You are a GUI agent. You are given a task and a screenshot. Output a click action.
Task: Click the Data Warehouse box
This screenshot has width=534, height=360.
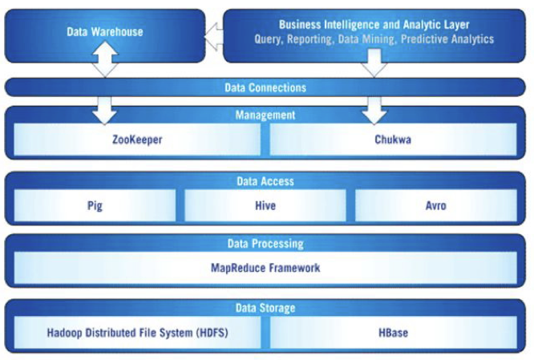[x=104, y=33]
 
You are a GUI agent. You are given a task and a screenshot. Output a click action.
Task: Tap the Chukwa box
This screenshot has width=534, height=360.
[x=393, y=139]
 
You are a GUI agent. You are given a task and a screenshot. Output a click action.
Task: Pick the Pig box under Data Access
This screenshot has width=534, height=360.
[x=95, y=206]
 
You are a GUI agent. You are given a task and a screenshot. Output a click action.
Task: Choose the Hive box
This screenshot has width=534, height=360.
[x=265, y=206]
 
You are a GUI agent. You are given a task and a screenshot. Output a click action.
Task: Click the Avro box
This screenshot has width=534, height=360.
[x=436, y=206]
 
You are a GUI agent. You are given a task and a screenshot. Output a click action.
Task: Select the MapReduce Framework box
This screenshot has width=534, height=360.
[x=265, y=268]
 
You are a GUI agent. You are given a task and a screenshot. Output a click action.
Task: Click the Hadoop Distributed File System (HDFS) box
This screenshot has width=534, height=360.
[x=136, y=332]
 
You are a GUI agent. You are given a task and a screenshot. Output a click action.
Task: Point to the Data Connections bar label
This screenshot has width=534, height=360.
[x=265, y=87]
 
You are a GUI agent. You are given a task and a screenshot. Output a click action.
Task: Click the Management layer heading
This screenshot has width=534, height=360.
[x=265, y=115]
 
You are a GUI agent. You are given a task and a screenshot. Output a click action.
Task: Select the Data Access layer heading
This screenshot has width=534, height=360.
[x=265, y=182]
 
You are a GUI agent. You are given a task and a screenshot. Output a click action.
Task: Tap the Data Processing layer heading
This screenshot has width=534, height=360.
[x=265, y=244]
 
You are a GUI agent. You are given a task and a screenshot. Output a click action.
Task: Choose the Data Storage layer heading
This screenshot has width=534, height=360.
[x=265, y=308]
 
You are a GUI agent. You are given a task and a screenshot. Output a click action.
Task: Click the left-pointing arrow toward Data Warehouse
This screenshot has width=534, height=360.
[x=212, y=34]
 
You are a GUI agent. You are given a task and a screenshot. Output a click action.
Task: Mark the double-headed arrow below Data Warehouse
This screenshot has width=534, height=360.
[x=104, y=61]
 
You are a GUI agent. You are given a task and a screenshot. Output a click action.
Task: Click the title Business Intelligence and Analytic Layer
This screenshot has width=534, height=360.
[x=374, y=25]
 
